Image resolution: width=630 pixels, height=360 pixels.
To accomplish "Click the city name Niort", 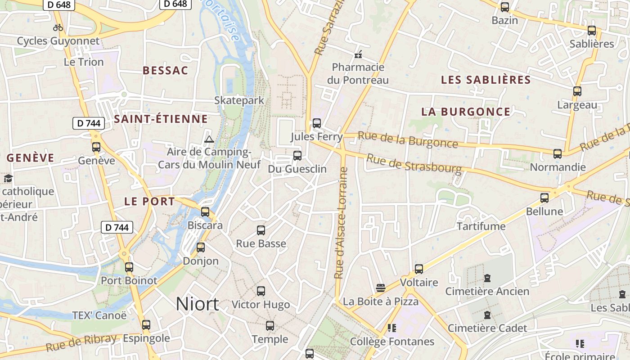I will [x=197, y=305].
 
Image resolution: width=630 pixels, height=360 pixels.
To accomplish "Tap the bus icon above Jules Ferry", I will [x=317, y=123].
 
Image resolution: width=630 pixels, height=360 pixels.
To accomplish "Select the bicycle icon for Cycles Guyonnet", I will [x=58, y=27].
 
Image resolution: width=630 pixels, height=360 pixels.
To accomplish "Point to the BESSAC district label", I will [x=166, y=71].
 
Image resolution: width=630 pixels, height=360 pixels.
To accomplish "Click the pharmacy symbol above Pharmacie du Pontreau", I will [x=358, y=55].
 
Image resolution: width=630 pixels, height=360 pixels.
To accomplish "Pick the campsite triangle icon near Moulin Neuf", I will [x=208, y=139].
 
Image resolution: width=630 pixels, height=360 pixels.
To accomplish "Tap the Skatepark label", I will [x=239, y=100].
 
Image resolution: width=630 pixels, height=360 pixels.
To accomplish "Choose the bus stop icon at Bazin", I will [x=505, y=7].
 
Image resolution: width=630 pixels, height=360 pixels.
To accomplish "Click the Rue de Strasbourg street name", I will [x=414, y=164].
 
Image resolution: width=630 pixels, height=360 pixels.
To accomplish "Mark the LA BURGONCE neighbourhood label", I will [x=466, y=112].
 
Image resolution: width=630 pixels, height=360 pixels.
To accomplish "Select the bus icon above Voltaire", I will [x=419, y=269].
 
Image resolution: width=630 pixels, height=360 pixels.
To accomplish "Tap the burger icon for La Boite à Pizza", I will [x=381, y=288].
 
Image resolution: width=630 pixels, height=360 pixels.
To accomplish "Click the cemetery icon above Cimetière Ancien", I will [x=487, y=278].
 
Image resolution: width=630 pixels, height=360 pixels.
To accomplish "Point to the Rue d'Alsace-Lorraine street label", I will [x=342, y=223].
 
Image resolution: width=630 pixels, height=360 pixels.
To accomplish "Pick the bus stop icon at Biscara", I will [x=205, y=211].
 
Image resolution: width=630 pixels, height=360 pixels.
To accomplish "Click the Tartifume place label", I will [x=481, y=226].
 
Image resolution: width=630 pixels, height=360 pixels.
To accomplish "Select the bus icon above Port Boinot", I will [x=129, y=267].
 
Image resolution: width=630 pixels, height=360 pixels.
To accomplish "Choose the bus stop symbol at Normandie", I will [x=558, y=154].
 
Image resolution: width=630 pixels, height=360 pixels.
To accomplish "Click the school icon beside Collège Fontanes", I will [x=391, y=328].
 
